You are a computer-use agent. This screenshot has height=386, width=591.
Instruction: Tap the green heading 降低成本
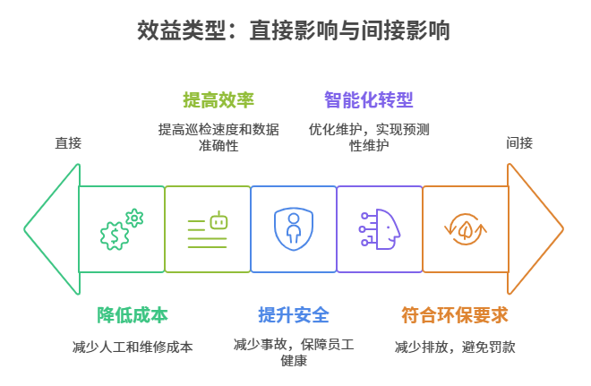[133, 315]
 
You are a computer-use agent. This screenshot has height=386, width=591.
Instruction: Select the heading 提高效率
[218, 99]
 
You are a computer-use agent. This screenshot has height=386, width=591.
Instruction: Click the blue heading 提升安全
[294, 315]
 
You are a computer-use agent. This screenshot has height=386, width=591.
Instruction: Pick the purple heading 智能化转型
[369, 99]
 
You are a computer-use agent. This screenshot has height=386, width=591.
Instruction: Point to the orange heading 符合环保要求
[454, 315]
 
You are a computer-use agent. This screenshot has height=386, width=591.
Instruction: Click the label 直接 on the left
[67, 142]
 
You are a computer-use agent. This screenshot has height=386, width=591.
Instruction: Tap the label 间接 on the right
[519, 142]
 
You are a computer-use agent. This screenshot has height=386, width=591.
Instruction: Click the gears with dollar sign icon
[121, 229]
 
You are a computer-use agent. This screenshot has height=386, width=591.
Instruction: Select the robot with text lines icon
[208, 229]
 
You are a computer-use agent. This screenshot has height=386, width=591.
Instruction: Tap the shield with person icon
[293, 229]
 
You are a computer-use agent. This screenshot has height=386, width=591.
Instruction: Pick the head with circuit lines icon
[380, 229]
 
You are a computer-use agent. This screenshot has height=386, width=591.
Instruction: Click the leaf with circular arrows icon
[466, 229]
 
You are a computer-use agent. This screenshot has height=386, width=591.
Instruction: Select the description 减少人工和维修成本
[133, 347]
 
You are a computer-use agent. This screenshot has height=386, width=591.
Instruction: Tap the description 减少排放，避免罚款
[454, 347]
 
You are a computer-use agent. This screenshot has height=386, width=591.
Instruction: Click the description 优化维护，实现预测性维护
[369, 137]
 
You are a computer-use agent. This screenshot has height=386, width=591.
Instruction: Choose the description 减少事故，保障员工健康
[294, 353]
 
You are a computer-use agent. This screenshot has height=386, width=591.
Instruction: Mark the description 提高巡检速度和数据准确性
[218, 137]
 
